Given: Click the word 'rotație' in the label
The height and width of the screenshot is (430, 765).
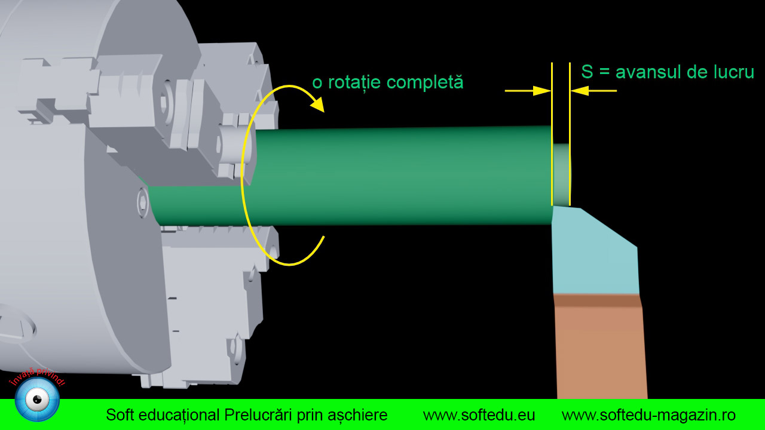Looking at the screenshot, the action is pyautogui.click(x=354, y=82).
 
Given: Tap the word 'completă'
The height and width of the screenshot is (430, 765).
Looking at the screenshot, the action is pyautogui.click(x=425, y=82).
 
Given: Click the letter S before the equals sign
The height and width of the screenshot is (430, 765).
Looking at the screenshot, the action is pyautogui.click(x=587, y=72).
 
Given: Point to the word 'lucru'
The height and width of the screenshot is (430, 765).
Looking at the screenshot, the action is pyautogui.click(x=735, y=72).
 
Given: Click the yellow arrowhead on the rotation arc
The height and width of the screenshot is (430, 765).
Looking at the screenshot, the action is pyautogui.click(x=318, y=104).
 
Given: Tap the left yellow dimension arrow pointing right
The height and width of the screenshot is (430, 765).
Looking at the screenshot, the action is pyautogui.click(x=528, y=91).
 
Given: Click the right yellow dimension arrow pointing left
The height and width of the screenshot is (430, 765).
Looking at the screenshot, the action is pyautogui.click(x=593, y=91).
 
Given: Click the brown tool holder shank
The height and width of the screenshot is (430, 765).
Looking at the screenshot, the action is pyautogui.click(x=599, y=352).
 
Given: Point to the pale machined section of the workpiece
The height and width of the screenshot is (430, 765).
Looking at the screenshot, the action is pyautogui.click(x=561, y=174).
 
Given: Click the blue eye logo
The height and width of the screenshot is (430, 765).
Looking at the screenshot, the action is pyautogui.click(x=37, y=400).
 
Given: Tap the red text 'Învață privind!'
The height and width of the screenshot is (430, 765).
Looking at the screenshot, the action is pyautogui.click(x=37, y=377).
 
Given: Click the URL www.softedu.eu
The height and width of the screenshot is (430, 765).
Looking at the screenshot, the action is pyautogui.click(x=479, y=415).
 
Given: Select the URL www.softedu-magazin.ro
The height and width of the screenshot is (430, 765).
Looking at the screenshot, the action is pyautogui.click(x=648, y=416).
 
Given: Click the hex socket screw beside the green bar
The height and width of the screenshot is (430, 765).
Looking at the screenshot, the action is pyautogui.click(x=143, y=202).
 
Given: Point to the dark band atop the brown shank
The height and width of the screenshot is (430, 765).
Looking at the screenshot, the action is pyautogui.click(x=597, y=300).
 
